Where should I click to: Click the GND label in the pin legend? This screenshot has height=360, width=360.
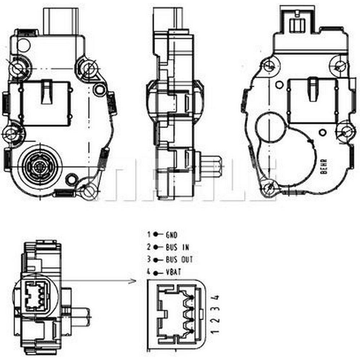point(171,235)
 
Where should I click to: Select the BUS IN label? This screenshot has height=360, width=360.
point(177,247)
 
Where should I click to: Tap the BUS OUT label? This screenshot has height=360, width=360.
point(179,260)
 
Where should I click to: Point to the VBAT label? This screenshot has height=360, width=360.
point(174,272)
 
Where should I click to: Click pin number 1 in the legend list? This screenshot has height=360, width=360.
point(149,234)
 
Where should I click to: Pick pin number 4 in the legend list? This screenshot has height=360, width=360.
point(149,272)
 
